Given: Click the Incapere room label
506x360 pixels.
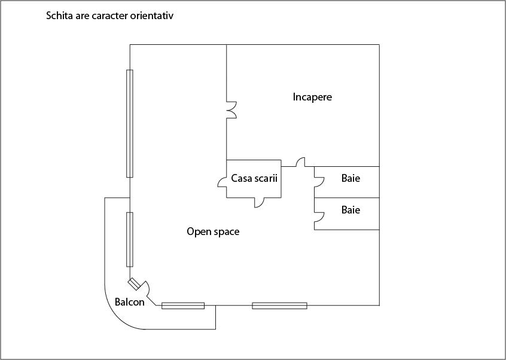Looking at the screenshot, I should click(x=312, y=97).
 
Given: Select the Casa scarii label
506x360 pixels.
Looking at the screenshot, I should click(x=254, y=178).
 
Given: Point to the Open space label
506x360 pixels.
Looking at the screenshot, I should click(x=213, y=231).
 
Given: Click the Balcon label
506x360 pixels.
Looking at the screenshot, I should click(x=130, y=302).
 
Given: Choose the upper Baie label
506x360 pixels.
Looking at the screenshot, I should click(x=350, y=178).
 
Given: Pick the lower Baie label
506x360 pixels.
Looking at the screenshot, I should click(x=350, y=210).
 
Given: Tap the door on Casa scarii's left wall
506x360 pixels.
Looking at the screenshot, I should click(x=222, y=182).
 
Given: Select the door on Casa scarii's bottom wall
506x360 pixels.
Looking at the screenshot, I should click(x=260, y=203).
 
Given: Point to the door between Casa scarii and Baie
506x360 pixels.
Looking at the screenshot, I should click(x=301, y=162).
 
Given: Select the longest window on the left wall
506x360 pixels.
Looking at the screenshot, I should click(x=130, y=123).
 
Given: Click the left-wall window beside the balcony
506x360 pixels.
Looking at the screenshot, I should click(x=130, y=239).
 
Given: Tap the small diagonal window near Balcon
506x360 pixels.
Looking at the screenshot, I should click(x=134, y=283).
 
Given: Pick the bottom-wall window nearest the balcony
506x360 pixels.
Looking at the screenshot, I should click(x=183, y=306).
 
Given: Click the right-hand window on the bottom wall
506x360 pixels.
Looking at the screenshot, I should click(x=279, y=306).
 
